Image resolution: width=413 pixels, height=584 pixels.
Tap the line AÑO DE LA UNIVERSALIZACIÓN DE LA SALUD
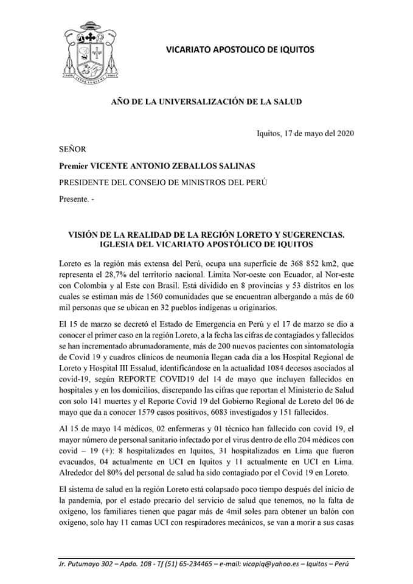pos(206,101)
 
